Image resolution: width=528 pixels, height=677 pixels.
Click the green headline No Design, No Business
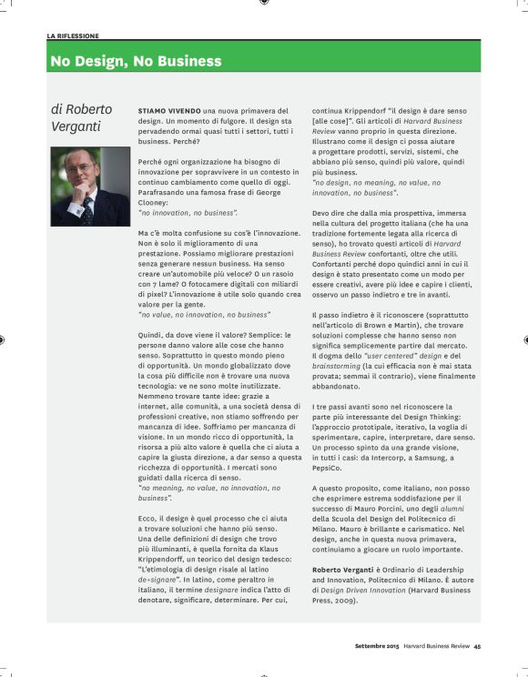tap(137, 62)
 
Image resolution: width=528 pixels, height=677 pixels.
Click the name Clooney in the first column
tap(157, 201)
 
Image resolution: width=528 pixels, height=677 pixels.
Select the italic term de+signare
tap(157, 578)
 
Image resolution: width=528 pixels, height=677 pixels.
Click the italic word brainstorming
tap(341, 364)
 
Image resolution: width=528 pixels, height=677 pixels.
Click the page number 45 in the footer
tap(476, 647)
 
